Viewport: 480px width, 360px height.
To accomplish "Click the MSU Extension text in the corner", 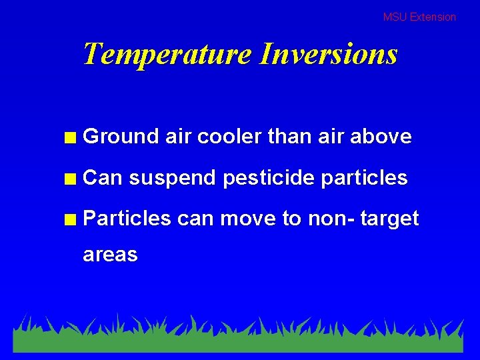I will [x=419, y=17].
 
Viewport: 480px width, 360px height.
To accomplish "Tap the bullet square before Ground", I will [x=69, y=138].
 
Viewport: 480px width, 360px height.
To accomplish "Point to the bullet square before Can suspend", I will [x=69, y=179].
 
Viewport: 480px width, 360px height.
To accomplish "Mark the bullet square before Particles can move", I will [x=69, y=219].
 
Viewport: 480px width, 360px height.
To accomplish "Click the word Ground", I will [x=121, y=137].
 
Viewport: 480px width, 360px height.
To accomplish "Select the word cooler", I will [x=229, y=137].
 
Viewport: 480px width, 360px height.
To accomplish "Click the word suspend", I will [x=172, y=178].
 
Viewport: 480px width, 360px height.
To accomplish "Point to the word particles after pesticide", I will [x=365, y=178].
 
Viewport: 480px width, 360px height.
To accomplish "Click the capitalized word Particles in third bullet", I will [x=127, y=219].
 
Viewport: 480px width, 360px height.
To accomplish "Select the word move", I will [x=251, y=219].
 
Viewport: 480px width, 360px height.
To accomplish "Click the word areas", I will [x=110, y=255].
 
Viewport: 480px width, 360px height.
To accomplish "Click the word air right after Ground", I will [x=178, y=137].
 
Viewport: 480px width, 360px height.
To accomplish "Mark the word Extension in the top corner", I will [x=433, y=17].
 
